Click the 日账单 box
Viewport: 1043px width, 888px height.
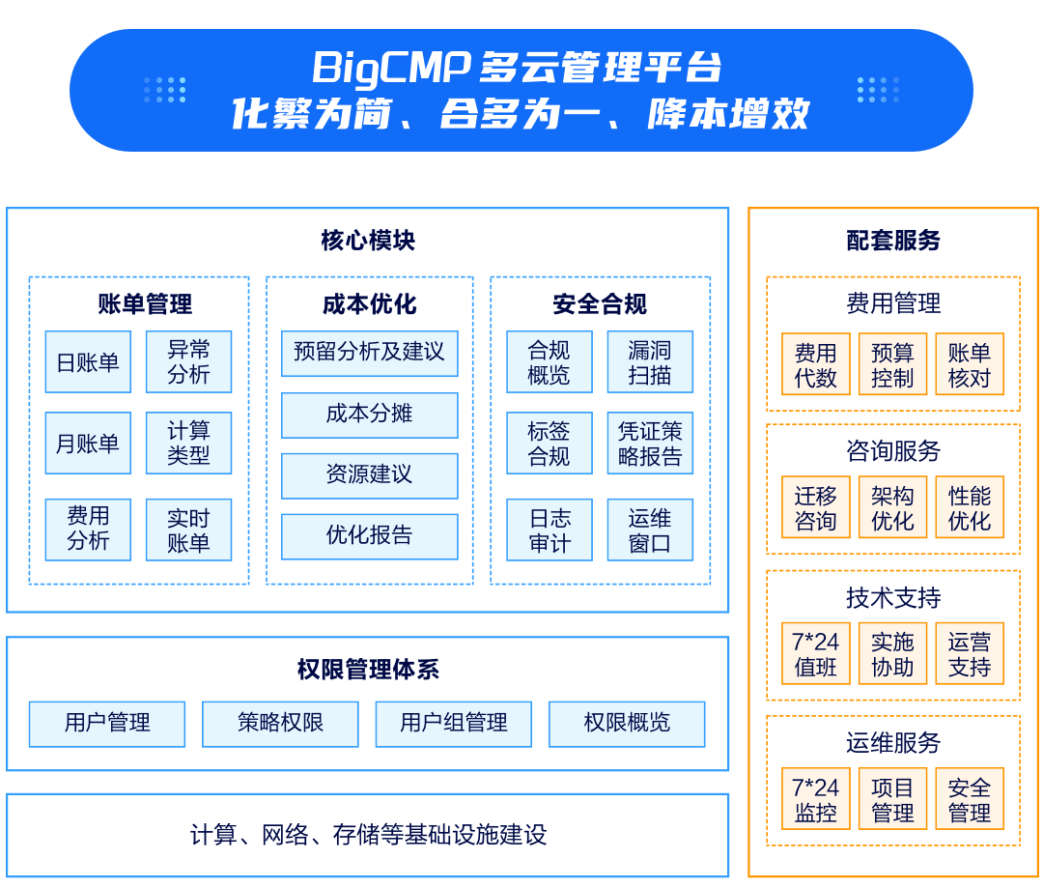tap(88, 362)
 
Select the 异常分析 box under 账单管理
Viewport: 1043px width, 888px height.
tap(188, 362)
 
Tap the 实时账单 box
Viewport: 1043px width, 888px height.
tap(188, 530)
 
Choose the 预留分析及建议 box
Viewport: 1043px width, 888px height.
tap(369, 353)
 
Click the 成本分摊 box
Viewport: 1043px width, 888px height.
tap(369, 415)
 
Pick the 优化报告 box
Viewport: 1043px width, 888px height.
tap(369, 535)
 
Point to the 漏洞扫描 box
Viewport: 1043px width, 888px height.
tap(650, 362)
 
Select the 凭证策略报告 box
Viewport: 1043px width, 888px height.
tap(650, 444)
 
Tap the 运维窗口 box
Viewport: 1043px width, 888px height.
tap(650, 530)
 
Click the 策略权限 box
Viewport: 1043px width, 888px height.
tap(280, 724)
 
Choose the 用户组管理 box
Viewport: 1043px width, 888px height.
tap(454, 724)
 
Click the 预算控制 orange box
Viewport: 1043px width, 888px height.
tap(892, 365)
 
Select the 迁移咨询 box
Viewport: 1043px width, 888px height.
tap(815, 508)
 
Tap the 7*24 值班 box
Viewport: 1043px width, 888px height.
tap(815, 654)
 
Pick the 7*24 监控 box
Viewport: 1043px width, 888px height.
tap(815, 800)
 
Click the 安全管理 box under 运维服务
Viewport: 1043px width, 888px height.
tap(969, 800)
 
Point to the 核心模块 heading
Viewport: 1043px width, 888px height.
tap(368, 241)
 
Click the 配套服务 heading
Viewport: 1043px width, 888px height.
tap(893, 241)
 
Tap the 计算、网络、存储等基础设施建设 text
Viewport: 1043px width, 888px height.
tap(368, 835)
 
